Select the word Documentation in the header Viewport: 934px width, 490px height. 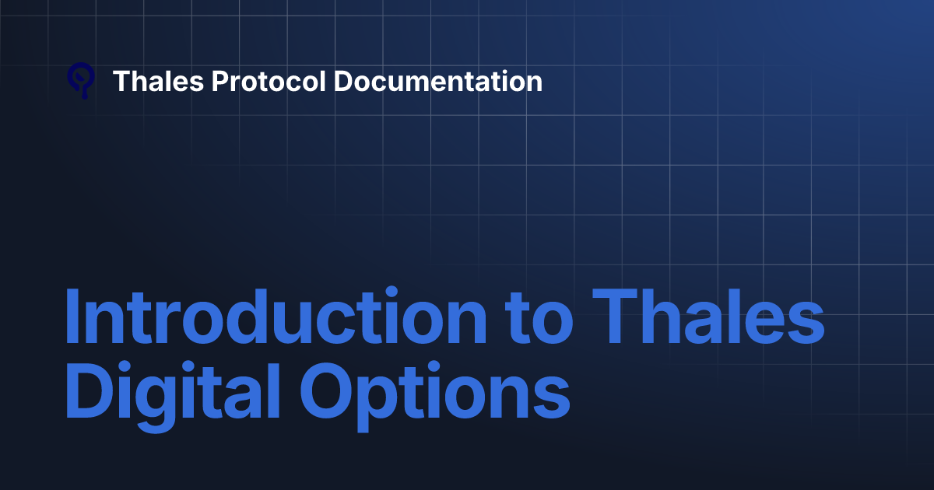coord(437,81)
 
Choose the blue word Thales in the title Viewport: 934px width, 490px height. coord(711,320)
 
